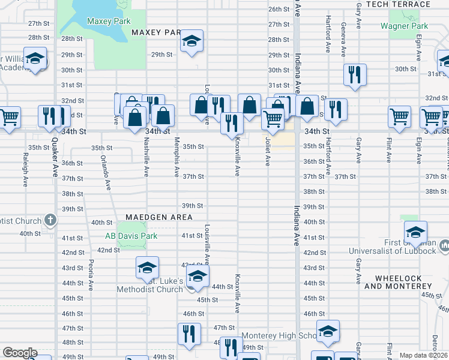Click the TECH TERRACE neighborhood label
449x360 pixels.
(x=398, y=4)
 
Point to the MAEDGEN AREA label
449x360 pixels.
(x=158, y=217)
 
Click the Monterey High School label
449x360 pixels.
(x=279, y=336)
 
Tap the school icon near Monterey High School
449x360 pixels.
(x=328, y=331)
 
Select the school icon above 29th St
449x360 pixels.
(x=192, y=41)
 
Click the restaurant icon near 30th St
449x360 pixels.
(x=354, y=74)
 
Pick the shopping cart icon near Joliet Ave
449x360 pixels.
(x=273, y=119)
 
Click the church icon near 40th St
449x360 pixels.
(x=50, y=220)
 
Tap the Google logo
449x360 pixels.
(x=20, y=353)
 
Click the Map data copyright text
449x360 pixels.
(x=424, y=355)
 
